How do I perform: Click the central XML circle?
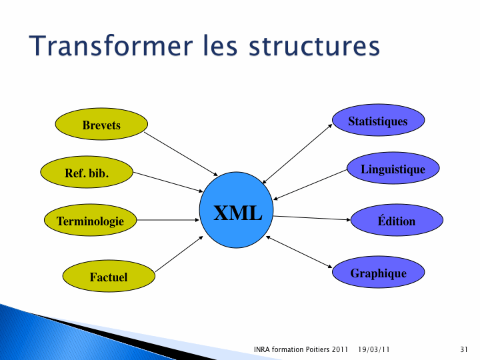point(236,210)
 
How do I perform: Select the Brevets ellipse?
point(101,124)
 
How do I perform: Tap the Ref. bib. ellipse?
point(87,172)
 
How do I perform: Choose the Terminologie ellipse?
point(90,220)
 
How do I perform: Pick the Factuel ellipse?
point(109,276)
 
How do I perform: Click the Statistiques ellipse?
point(379,120)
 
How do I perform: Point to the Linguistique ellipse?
point(393,168)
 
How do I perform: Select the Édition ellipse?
point(397,220)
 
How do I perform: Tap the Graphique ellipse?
point(379,272)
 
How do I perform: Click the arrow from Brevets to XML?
point(181,154)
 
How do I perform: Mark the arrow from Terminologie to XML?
point(168,220)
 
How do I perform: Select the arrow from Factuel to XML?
point(179,254)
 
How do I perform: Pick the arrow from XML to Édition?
point(311,218)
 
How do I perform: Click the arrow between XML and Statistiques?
point(297,154)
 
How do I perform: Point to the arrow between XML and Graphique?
point(299,252)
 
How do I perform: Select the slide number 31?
point(464,349)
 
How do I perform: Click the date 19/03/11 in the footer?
point(374,349)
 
